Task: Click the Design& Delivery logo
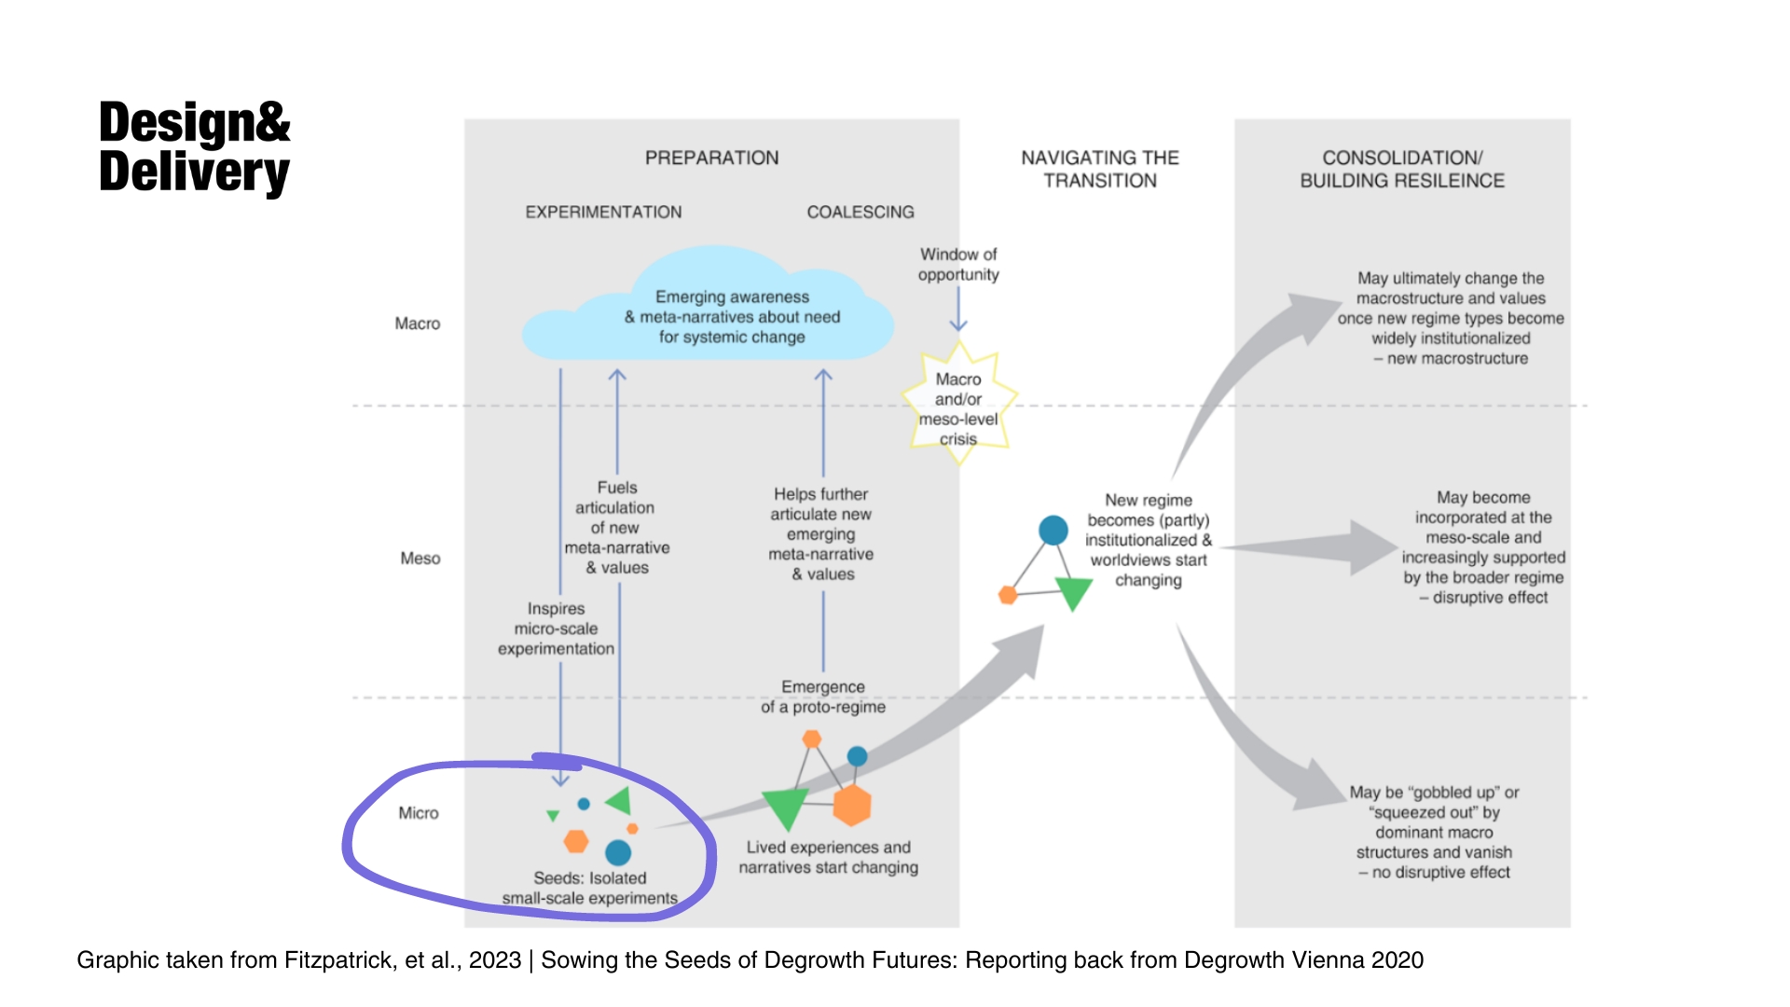tap(194, 147)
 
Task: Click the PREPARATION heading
tap(711, 158)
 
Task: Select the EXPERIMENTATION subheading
tap(603, 212)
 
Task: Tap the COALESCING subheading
tap(861, 212)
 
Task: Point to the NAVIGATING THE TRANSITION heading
tap(1100, 169)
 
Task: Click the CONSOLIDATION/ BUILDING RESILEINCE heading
tap(1402, 169)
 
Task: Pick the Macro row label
tap(417, 324)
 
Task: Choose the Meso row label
tap(420, 559)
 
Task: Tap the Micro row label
tap(419, 813)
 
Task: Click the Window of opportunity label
tap(958, 265)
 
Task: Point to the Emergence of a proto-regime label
tap(823, 697)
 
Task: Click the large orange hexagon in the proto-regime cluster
tap(852, 806)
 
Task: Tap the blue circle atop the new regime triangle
tap(1053, 530)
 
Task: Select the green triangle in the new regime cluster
tap(1073, 592)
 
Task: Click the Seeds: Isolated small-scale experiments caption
tap(590, 888)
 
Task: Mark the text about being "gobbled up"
tap(1435, 832)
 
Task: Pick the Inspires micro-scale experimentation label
tap(556, 628)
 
